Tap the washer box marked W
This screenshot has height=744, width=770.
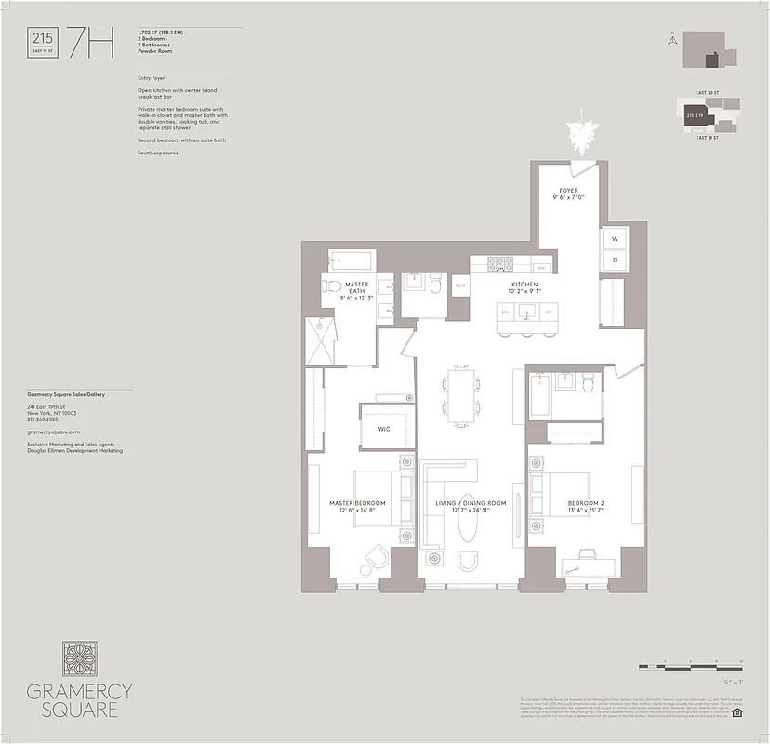tap(614, 239)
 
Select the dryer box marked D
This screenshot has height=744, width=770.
tap(614, 260)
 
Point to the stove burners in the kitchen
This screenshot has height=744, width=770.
tap(498, 264)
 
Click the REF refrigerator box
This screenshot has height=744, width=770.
tap(459, 286)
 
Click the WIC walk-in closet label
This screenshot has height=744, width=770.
tap(383, 429)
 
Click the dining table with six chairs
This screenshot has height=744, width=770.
tap(460, 395)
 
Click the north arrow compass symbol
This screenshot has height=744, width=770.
tap(670, 38)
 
